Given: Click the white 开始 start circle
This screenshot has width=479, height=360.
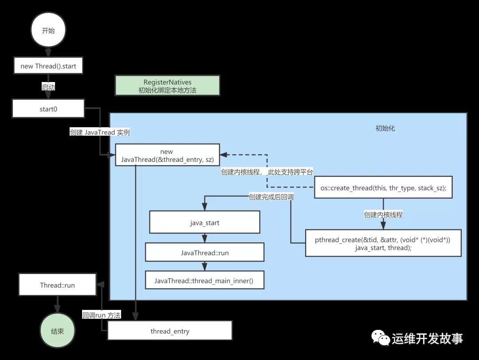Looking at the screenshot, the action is tap(48, 30).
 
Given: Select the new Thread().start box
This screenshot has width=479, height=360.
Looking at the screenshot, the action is tap(48, 65).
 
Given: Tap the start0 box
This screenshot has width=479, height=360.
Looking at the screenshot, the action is tap(48, 108).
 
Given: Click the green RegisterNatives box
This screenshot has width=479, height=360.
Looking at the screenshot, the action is tap(167, 86).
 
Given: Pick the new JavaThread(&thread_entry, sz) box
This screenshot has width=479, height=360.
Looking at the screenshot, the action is tap(167, 155).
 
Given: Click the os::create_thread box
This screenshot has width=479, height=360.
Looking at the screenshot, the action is tap(383, 188).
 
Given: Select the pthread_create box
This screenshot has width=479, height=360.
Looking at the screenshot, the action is tap(383, 243).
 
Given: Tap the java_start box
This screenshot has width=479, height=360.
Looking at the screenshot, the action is tap(204, 222).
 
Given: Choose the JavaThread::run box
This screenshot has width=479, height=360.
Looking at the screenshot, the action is tap(204, 252).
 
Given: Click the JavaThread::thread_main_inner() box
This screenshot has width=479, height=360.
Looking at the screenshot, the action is tap(204, 280).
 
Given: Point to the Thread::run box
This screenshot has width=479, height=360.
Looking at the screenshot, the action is tap(57, 285).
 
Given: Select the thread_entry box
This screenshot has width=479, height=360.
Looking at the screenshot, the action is tap(170, 330).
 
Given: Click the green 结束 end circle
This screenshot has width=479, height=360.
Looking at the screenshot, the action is tap(57, 331).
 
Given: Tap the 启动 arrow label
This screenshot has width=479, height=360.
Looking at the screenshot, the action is tap(48, 87).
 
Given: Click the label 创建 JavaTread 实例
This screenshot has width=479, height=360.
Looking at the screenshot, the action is tap(100, 132).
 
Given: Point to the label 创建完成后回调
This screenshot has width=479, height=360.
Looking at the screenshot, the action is tap(271, 197).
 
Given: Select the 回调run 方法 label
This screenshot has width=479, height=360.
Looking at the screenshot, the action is tap(102, 315).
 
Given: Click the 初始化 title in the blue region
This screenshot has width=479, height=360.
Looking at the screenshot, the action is tap(385, 128).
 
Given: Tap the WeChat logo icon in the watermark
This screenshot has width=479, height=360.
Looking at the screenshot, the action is tap(381, 338).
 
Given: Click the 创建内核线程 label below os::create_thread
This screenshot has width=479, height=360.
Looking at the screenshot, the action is tap(383, 215).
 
